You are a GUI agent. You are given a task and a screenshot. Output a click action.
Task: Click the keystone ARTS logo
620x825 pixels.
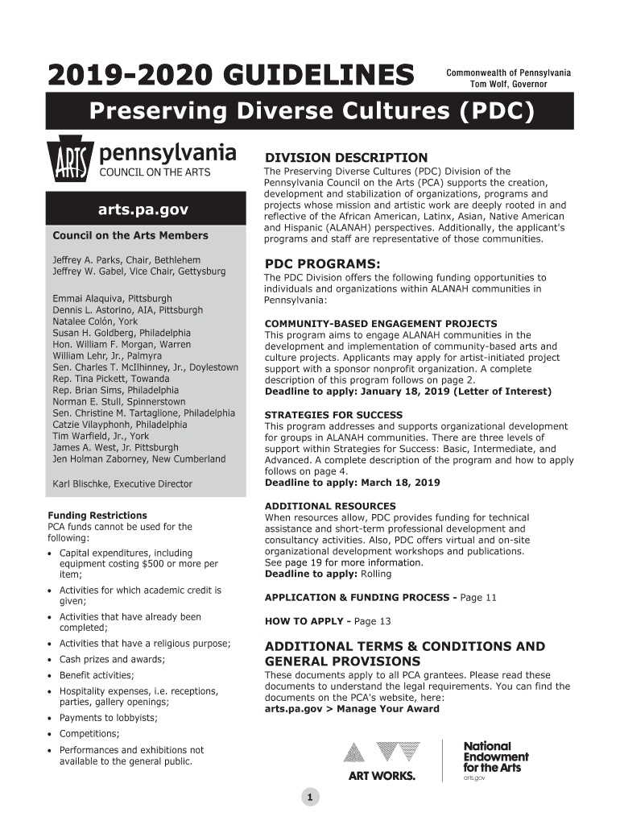point(70,164)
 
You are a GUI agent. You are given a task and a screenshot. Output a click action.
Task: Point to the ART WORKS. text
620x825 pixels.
point(382,776)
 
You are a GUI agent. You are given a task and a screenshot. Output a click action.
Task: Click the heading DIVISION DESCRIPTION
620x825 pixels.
point(346,157)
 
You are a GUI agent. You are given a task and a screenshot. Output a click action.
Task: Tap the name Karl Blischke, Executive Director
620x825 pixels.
point(122,484)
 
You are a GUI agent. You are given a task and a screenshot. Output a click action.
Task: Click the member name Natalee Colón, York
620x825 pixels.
point(95,321)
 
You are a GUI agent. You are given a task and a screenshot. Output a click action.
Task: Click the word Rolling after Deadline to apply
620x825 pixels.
point(375,574)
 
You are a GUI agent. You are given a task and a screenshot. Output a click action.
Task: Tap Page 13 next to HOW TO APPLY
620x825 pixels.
point(373,621)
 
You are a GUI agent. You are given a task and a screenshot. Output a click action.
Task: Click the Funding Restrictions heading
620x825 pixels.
point(97,515)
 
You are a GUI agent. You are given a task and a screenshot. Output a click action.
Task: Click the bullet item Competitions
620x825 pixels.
point(89,733)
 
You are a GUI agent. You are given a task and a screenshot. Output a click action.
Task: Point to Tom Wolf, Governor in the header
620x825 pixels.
point(508,84)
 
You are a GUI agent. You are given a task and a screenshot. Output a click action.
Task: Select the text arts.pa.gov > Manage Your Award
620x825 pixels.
point(352,709)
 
